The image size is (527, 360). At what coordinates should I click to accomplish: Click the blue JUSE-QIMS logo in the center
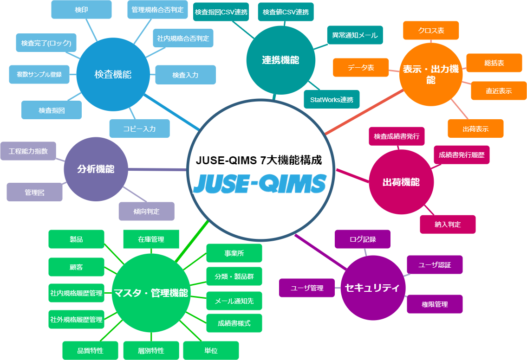coord(259,183)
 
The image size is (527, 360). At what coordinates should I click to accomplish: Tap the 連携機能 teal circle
coord(280,60)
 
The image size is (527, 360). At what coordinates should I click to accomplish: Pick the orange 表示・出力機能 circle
coord(431,75)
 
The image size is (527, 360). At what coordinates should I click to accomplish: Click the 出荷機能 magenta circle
coord(401,182)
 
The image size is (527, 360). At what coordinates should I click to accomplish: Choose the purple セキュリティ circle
coord(372,288)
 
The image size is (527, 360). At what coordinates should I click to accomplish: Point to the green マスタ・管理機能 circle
coord(151,293)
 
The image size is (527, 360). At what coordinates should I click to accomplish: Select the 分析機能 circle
coord(96,169)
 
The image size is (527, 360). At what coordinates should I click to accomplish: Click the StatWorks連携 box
coord(332,99)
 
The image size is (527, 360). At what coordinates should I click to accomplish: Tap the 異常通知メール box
coord(355,35)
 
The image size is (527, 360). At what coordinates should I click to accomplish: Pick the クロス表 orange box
coord(431,30)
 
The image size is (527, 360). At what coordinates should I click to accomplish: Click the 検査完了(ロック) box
coord(46,43)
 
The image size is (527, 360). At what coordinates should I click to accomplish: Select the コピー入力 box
coord(139,129)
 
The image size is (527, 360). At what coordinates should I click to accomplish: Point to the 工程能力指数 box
coord(28,151)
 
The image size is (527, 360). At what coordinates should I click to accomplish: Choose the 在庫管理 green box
coord(151,239)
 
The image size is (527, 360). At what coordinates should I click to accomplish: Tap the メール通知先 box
coord(234,301)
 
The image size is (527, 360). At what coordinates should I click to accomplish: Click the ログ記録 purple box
coord(363,239)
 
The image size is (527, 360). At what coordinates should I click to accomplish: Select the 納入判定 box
coord(448,224)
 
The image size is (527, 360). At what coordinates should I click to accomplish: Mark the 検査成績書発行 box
coord(397,136)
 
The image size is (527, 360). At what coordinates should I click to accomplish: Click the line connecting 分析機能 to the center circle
coord(158,169)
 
